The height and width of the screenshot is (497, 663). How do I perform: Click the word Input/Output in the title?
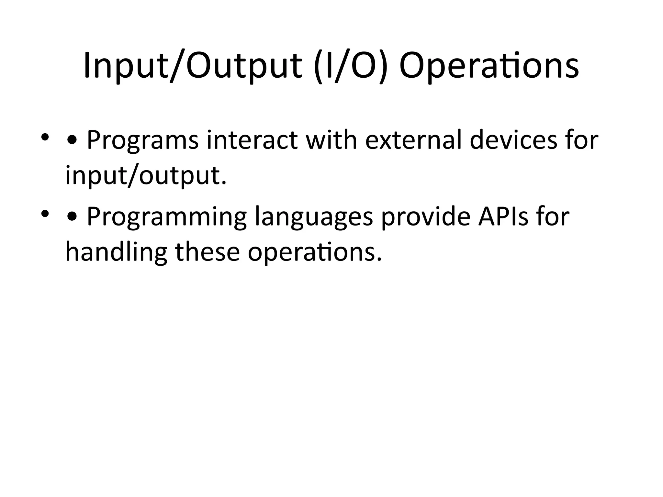pos(193,66)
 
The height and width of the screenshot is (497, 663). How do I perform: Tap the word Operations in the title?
pos(489,66)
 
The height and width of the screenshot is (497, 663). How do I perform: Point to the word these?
pos(208,252)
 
